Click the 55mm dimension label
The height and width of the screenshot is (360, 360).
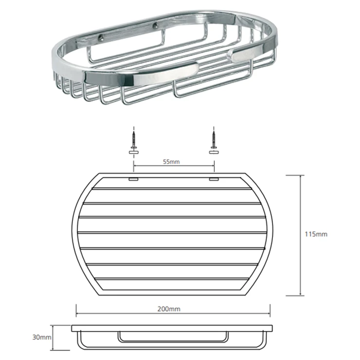[171, 162]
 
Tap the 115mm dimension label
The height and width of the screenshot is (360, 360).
[316, 234]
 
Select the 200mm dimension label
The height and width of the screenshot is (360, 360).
[169, 309]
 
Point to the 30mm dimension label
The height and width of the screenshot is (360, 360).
[42, 337]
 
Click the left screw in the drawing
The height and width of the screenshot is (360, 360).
[134, 140]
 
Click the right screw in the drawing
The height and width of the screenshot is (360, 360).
[214, 140]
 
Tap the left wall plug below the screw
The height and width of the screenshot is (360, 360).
[134, 152]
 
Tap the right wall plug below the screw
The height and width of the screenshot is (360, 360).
[214, 152]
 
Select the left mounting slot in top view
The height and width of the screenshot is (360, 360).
[133, 179]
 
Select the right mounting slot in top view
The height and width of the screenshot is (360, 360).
[214, 179]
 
